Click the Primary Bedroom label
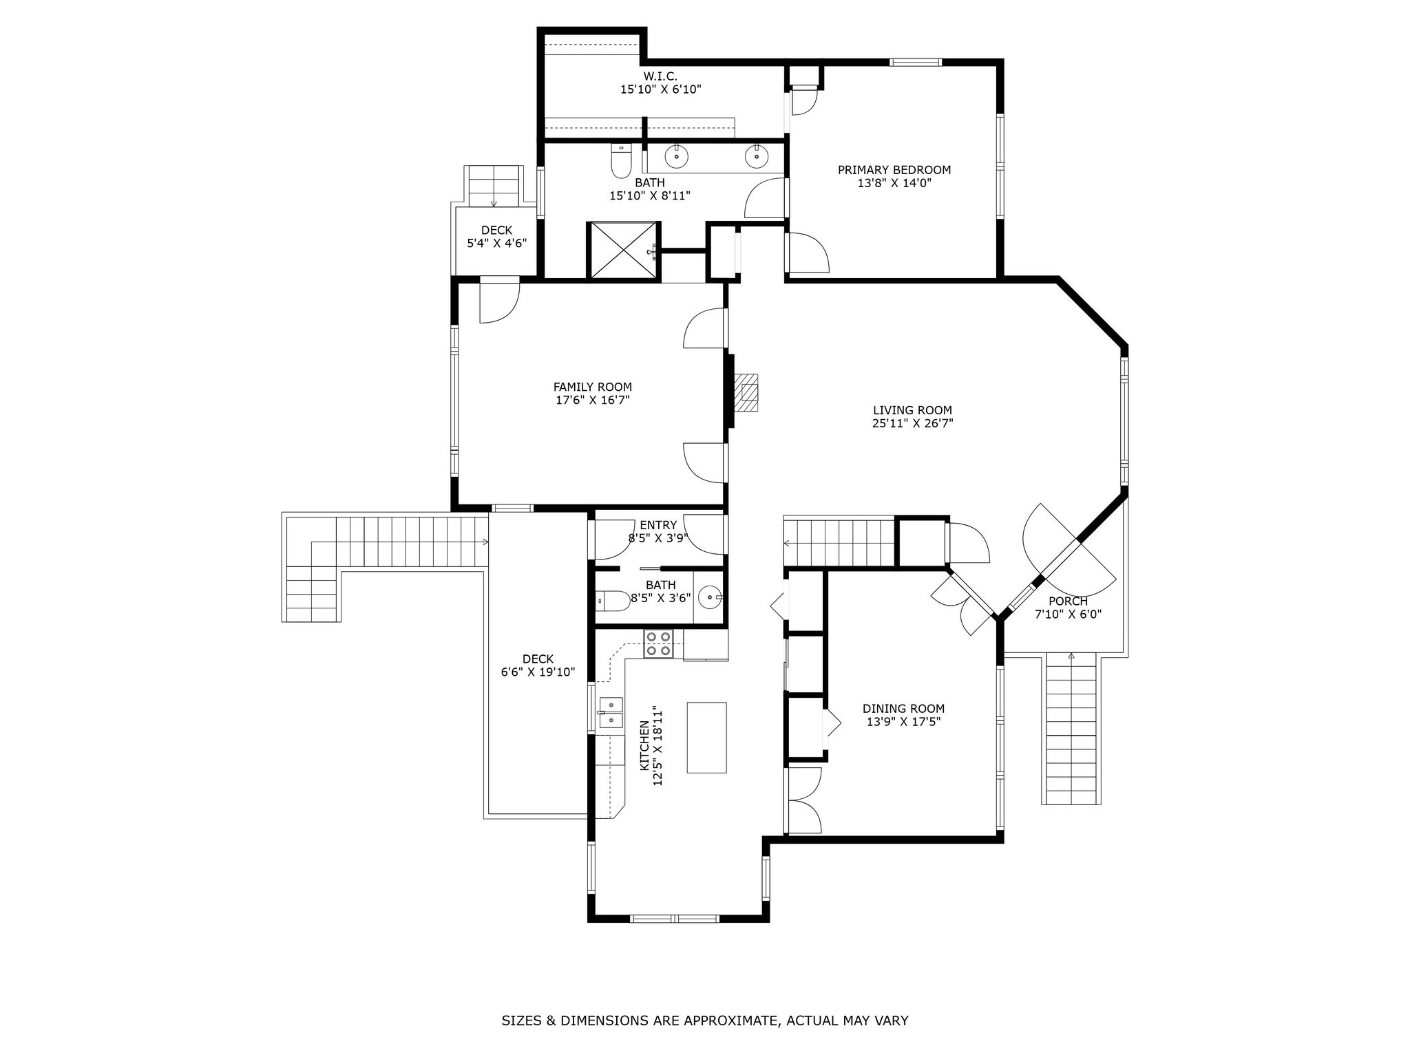894,170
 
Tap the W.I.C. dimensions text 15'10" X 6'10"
660,89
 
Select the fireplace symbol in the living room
746,392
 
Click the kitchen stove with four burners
658,643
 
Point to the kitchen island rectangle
706,737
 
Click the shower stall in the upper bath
623,251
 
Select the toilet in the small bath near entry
613,601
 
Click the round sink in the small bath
710,597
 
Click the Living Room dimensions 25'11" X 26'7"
912,424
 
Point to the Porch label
1068,601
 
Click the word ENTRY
658,526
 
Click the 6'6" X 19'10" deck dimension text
538,672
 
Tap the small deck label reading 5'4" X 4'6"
497,243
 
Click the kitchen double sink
611,712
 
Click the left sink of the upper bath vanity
677,156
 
